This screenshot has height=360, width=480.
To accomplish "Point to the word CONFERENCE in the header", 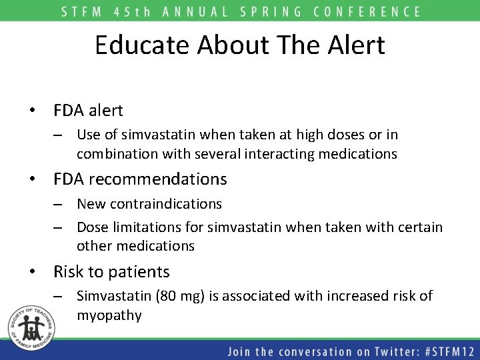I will (367, 11).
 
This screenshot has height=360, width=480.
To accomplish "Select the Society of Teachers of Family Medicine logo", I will (29, 330).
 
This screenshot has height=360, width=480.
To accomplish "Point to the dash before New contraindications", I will (59, 204).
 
